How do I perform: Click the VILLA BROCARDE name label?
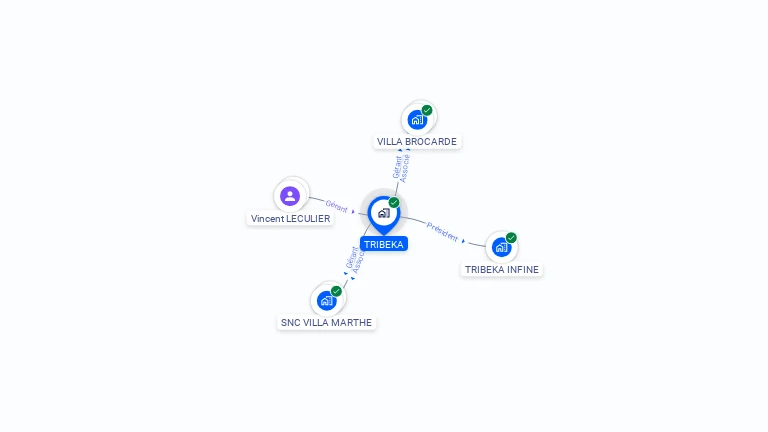pos(417,142)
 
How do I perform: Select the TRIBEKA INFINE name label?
pos(502,269)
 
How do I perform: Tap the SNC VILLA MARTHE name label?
pos(326,322)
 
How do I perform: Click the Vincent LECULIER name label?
pos(290,218)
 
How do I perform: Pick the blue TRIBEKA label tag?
pos(384,244)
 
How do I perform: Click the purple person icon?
pos(290,196)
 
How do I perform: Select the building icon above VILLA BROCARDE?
pos(417,120)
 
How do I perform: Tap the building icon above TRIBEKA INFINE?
pos(502,247)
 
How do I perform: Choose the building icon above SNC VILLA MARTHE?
pos(327,300)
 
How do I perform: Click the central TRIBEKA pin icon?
pos(384,214)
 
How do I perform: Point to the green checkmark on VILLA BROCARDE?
pos(427,110)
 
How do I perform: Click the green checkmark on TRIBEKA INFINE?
pos(511,238)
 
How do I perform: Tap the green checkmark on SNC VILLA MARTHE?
pos(336,291)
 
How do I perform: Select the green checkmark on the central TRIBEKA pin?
pos(394,202)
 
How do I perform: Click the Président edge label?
pos(442,232)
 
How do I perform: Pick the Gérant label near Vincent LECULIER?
pos(336,206)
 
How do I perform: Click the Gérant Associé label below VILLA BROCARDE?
pos(401,168)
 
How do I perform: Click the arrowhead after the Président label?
pos(463,241)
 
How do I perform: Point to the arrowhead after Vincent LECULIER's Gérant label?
pos(353,212)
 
